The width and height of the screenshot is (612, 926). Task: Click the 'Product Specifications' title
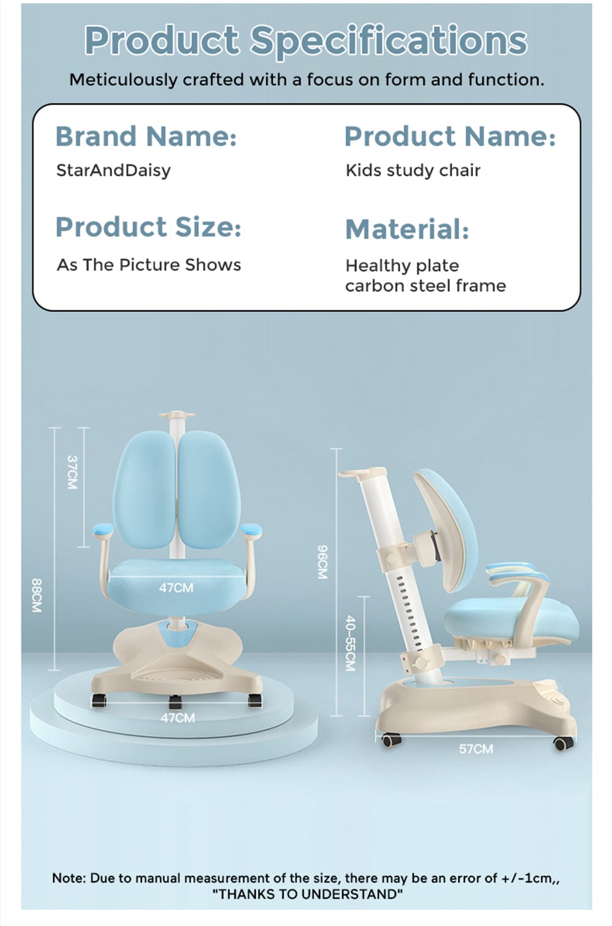click(305, 40)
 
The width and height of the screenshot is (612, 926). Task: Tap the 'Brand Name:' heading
click(146, 136)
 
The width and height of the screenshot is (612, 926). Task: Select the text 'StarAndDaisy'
click(113, 170)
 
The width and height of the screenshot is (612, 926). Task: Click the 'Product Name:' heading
click(450, 136)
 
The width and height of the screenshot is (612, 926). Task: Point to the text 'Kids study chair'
click(412, 170)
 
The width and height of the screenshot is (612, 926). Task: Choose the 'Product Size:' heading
click(148, 227)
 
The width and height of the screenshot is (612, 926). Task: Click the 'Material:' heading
click(407, 230)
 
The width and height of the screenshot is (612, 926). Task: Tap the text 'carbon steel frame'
click(425, 286)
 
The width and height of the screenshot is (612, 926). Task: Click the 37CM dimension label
click(72, 472)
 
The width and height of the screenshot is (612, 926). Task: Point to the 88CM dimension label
click(37, 596)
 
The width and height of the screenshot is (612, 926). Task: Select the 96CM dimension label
click(323, 562)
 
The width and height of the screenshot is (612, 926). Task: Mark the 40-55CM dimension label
click(350, 643)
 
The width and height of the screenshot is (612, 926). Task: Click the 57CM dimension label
click(476, 749)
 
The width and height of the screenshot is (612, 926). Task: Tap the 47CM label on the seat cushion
click(176, 588)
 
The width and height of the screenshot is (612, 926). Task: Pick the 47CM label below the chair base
click(177, 717)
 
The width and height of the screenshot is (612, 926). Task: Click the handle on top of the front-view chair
click(177, 415)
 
